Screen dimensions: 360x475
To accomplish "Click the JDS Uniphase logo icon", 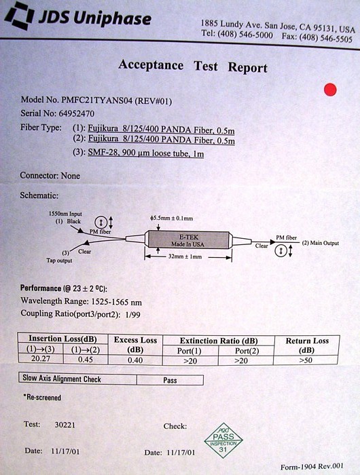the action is point(19,16).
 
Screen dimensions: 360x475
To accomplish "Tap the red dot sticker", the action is point(330,90).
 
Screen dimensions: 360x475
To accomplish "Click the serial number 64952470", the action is point(77,113).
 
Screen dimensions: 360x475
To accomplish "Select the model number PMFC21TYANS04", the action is point(96,100).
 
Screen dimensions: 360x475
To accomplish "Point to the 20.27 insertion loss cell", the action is point(40,359).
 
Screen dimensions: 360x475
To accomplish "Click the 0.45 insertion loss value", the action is point(86,360).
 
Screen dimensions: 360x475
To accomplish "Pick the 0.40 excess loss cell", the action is point(135,360).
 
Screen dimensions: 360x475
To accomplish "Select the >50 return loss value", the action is point(306,360).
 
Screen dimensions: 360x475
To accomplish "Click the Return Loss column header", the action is point(307,345).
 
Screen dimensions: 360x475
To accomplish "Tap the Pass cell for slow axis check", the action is point(170,380).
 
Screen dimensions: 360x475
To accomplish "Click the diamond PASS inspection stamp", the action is point(223,440).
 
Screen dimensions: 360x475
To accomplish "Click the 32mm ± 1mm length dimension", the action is point(185,256).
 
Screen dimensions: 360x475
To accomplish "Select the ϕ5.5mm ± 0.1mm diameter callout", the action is point(171,218).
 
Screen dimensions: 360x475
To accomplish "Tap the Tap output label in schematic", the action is point(60,261).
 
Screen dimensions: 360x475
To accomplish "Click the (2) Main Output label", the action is point(321,243).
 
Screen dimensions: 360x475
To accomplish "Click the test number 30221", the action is point(65,425).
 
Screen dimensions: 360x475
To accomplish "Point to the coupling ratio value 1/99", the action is point(132,315).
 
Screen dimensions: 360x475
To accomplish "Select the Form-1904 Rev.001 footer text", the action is point(312,467).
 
